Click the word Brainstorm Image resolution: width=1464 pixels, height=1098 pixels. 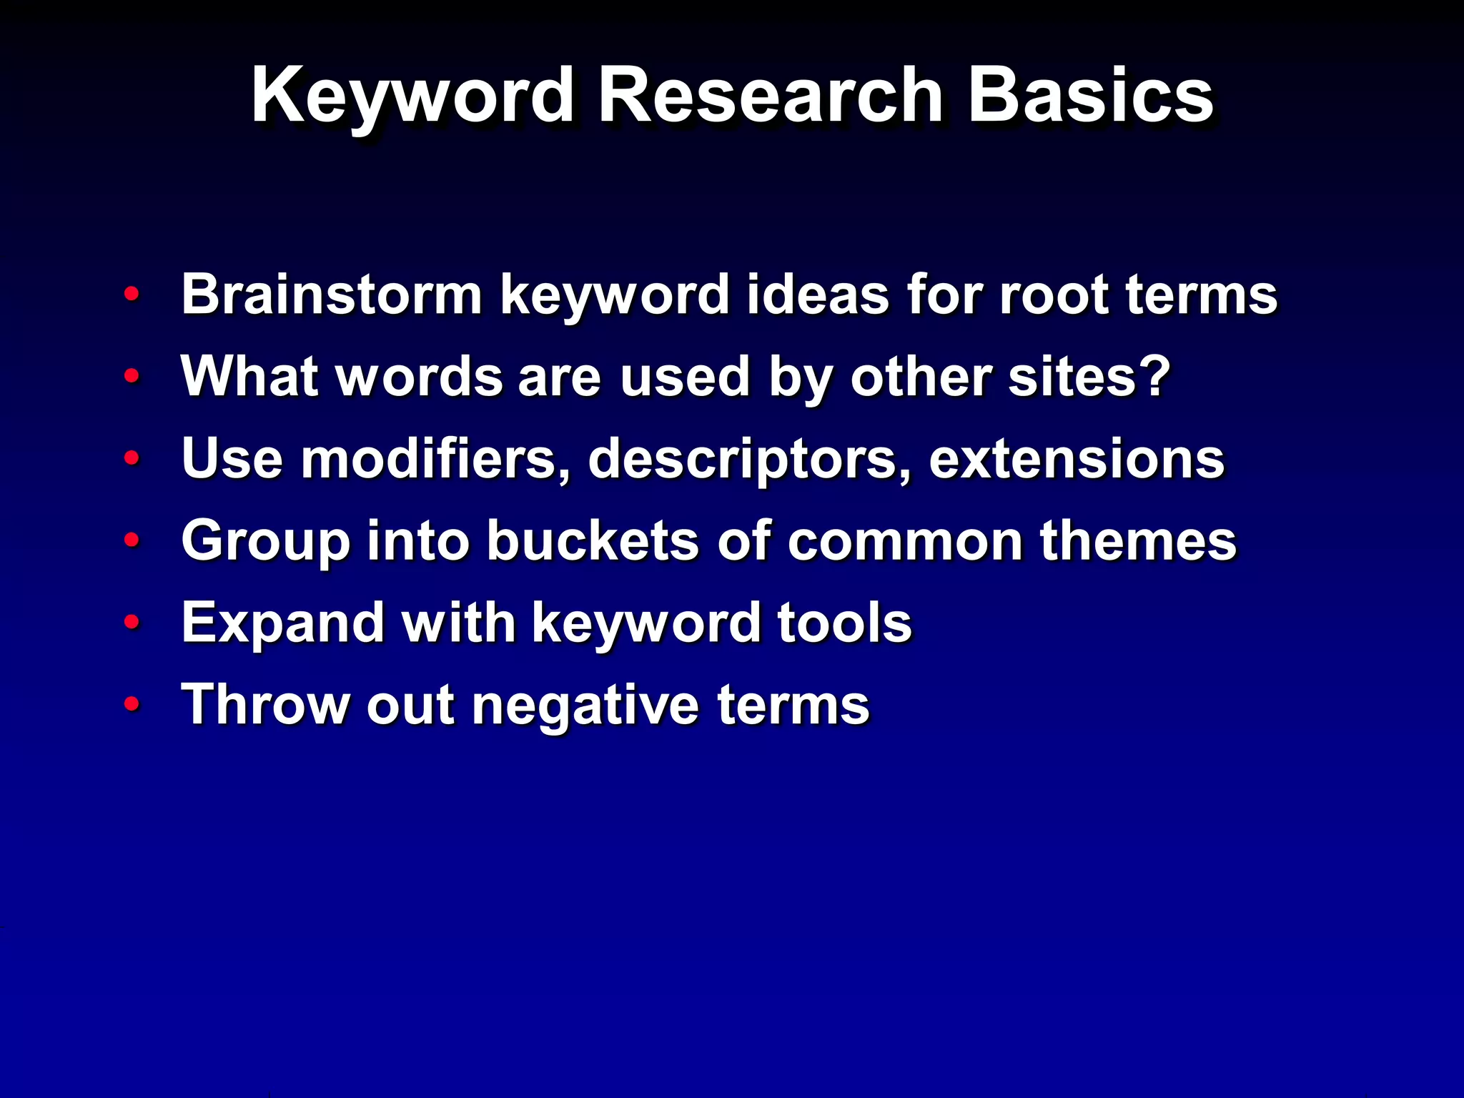pos(332,294)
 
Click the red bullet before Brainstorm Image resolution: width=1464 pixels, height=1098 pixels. pos(131,294)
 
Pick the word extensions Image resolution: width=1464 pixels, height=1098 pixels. pos(1076,459)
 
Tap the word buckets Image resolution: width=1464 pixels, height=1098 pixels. pos(593,541)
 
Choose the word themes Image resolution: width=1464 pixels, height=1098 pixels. pos(1137,541)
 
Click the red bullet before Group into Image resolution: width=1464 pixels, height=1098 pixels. pos(131,540)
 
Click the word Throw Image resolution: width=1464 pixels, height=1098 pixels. pos(265,705)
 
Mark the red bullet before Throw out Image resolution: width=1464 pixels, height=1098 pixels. pos(131,705)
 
